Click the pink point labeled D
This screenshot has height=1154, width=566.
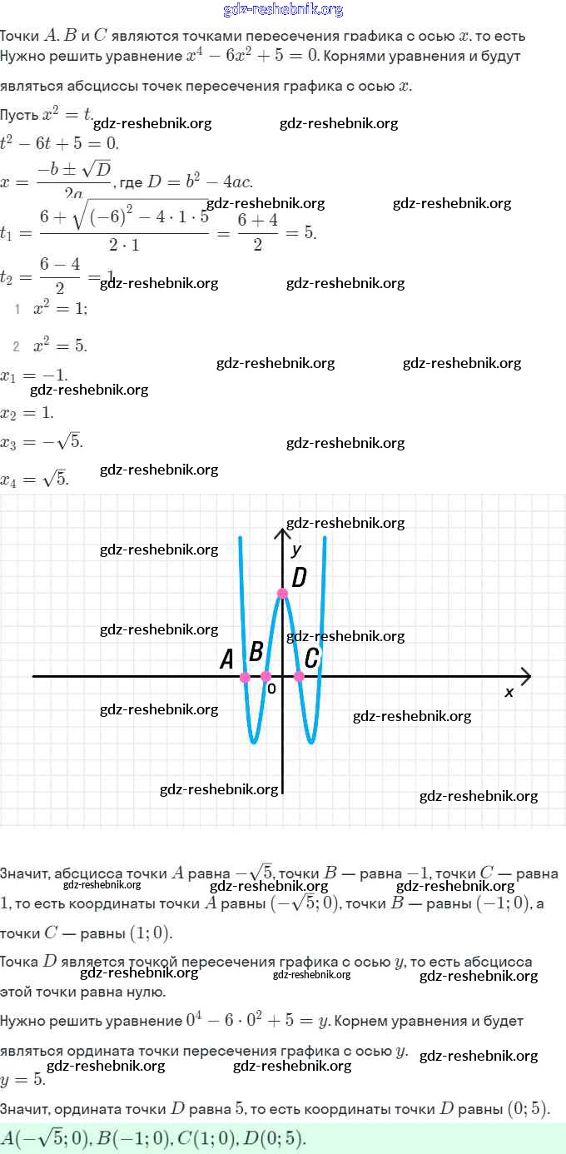point(282,593)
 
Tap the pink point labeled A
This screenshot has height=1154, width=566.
point(245,678)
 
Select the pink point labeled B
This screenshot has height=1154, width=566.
point(266,677)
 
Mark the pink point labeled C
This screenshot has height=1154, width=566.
point(299,677)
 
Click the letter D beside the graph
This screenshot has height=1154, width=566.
point(300,577)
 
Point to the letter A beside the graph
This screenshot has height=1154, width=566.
point(226,660)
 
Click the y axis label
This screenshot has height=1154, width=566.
point(296,550)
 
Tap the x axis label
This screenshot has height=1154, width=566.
point(509,692)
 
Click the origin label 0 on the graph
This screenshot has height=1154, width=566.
point(271,689)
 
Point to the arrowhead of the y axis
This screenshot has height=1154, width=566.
point(282,532)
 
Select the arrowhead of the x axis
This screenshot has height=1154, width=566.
point(524,676)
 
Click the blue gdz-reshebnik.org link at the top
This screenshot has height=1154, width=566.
point(283,10)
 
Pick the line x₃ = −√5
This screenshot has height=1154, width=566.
point(42,442)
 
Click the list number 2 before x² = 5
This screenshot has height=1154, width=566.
point(17,346)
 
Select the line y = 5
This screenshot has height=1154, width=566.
point(22,1079)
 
